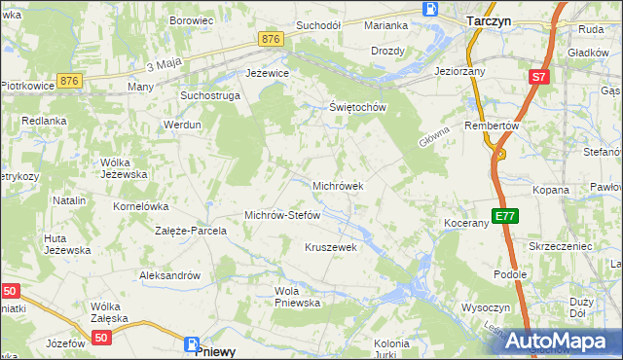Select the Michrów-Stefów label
pos(282,215)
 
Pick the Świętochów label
pos(358,107)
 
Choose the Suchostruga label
pos(208,96)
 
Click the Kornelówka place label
pos(142,206)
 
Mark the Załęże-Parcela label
pos(191,232)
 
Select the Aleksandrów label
pos(169,275)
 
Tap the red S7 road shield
pos(539,76)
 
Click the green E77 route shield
pos(503,216)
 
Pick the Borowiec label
pos(192,19)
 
